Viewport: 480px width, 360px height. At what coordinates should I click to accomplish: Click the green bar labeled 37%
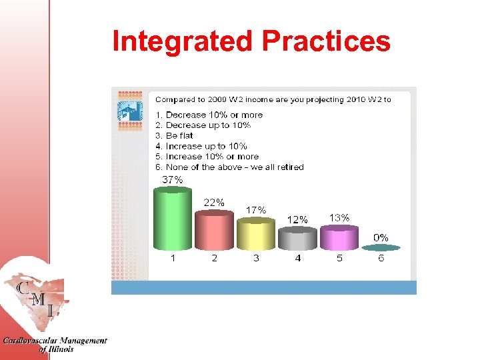point(173,219)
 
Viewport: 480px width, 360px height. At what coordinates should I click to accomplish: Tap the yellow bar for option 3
point(256,235)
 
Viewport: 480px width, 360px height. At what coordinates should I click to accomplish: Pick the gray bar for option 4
point(297,239)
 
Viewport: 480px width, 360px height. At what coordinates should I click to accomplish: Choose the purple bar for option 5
point(339,238)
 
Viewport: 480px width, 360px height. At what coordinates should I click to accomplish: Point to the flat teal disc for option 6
point(381,247)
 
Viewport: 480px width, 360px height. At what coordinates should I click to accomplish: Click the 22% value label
point(213,202)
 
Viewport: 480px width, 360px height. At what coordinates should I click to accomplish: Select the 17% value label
point(256,209)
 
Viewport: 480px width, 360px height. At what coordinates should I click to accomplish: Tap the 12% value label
point(297,219)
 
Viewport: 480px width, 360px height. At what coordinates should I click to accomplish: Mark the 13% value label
point(339,217)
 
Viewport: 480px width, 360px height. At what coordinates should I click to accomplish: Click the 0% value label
point(381,237)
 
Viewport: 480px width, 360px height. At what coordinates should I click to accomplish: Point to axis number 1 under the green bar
point(173,259)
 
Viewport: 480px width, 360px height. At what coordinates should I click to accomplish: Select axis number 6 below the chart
point(381,259)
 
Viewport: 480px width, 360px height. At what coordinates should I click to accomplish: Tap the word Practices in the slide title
point(326,41)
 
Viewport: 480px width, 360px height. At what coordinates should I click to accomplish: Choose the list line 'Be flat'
point(174,135)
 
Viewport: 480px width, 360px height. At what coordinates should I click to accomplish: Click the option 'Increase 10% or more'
point(207,157)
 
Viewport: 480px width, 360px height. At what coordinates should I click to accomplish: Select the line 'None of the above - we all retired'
point(229,167)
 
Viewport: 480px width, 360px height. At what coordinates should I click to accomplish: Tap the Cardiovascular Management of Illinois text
point(54,345)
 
